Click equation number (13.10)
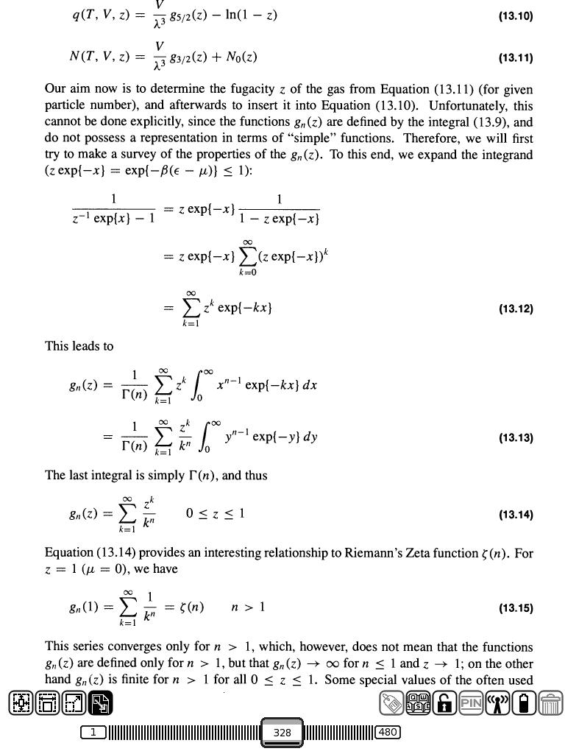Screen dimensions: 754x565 point(515,15)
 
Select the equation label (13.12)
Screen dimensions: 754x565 point(515,309)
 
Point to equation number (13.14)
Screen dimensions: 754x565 point(515,515)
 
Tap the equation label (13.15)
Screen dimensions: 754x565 point(515,608)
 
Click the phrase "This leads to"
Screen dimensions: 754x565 point(79,345)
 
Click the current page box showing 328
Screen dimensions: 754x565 point(282,733)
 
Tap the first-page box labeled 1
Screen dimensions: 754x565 point(94,733)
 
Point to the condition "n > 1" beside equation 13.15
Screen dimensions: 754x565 point(247,607)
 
